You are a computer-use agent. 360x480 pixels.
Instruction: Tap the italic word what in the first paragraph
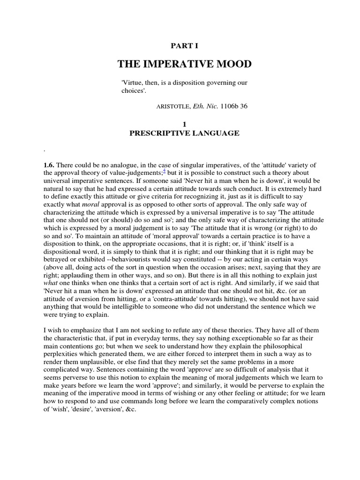point(50,285)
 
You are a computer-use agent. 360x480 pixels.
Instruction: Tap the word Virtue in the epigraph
point(132,83)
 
